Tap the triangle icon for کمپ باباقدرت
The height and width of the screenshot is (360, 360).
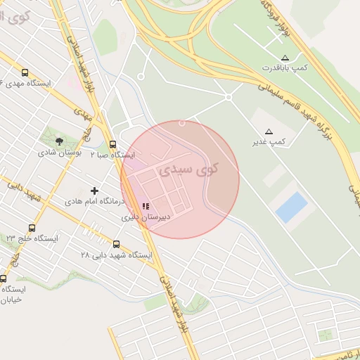285,58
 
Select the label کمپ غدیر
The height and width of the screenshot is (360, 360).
271,142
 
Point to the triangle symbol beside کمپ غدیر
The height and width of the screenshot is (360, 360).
269,131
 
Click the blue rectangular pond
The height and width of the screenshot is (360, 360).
292,208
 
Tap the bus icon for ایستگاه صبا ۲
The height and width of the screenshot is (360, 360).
112,144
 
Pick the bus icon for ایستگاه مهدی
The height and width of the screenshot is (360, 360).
25,72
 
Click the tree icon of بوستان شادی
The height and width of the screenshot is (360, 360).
58,141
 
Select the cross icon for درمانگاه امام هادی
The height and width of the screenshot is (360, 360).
95,191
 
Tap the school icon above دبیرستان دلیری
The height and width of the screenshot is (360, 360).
146,207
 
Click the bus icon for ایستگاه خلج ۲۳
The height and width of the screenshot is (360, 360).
32,228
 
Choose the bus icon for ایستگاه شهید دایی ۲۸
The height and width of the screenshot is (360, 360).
116,244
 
